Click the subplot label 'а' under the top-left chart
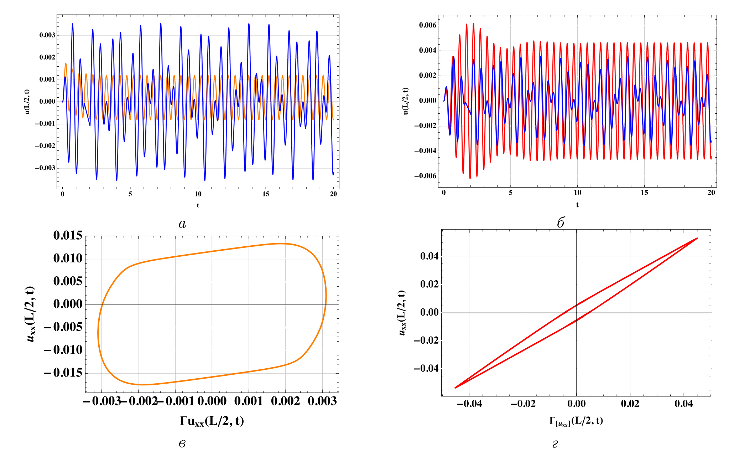[x=182, y=224]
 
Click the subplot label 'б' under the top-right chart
[x=560, y=223]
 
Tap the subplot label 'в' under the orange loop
[x=182, y=444]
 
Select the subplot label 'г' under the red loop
[x=555, y=444]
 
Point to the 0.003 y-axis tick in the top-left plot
[x=47, y=35]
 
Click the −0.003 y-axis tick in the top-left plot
[x=45, y=168]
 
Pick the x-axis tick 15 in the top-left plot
[x=266, y=194]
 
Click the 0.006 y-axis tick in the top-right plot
[x=428, y=25]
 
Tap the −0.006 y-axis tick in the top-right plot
[x=426, y=176]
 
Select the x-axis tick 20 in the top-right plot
[x=711, y=193]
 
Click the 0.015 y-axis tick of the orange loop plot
[x=68, y=235]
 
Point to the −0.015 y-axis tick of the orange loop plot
[x=63, y=373]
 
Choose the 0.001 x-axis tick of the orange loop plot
[x=249, y=401]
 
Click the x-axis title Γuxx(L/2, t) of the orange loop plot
[x=212, y=421]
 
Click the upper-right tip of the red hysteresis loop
[x=697, y=238]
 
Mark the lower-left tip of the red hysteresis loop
[x=456, y=388]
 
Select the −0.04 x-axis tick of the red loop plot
[x=469, y=404]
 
